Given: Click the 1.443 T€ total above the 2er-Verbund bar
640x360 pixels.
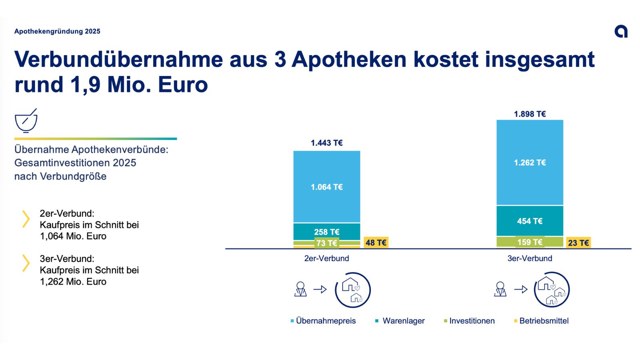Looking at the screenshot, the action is pos(326,143).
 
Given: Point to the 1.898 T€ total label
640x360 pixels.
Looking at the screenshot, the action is pos(530,114).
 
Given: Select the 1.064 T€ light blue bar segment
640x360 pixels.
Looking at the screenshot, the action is pos(326,186).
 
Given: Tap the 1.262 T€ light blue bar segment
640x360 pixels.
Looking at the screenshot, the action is pos(530,162).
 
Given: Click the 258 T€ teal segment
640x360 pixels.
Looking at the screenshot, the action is pos(326,232).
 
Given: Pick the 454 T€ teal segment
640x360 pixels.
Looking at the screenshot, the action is pos(530,221).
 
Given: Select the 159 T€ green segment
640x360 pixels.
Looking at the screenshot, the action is pos(530,242).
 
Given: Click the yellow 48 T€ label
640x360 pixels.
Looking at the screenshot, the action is pos(376,242).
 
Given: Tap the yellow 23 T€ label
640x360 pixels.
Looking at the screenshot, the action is pos(578,243).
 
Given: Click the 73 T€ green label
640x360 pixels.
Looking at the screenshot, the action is pos(326,243).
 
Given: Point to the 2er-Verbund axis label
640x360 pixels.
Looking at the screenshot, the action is pos(326,258).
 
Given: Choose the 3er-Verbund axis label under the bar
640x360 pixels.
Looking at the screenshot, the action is pos(530,258).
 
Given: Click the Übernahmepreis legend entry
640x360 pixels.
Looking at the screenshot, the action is pos(323,321).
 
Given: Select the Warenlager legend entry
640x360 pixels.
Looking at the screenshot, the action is pos(400,321).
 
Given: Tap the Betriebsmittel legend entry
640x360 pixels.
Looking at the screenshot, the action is pos(542,321).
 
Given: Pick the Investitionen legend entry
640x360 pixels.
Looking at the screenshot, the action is pos(470,321).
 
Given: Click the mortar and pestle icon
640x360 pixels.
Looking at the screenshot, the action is pos(26,120).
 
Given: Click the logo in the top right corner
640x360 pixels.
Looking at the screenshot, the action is pos(621,32).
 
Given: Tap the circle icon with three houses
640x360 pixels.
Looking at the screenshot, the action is pos(552,290).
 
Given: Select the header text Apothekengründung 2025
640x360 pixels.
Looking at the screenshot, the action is pos(57,32).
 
